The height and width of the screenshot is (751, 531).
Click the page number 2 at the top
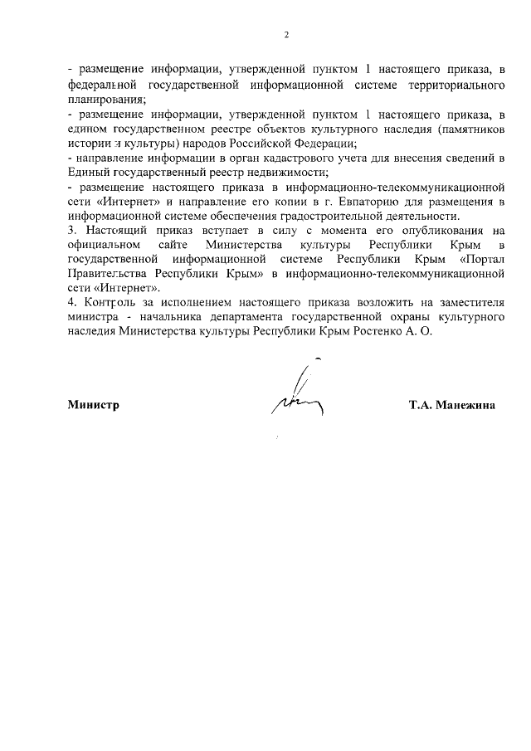pos(286,35)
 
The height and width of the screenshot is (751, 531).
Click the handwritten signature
pos(296,395)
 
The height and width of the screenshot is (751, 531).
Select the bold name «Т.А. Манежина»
pos(451,406)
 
